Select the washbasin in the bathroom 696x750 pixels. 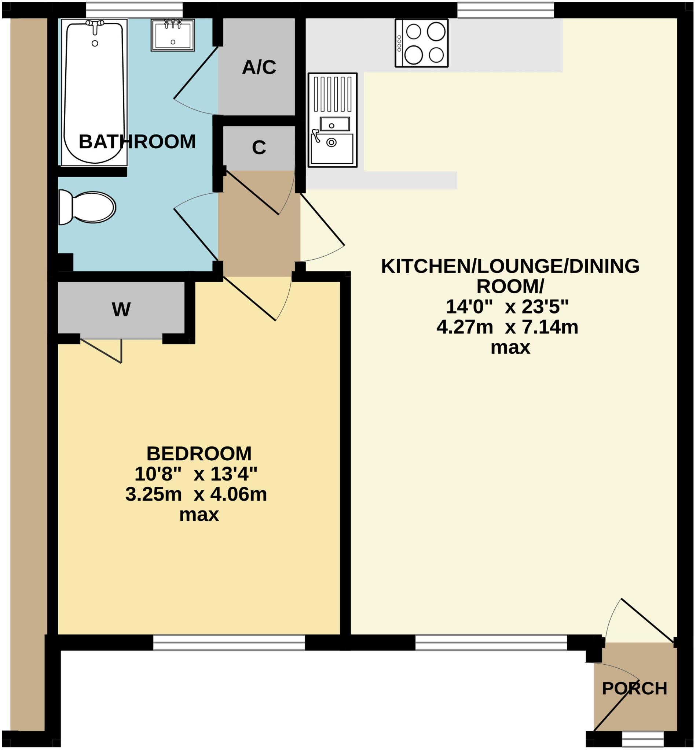click(x=172, y=36)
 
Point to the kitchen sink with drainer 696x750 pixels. click(x=332, y=120)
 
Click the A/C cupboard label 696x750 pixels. click(x=259, y=68)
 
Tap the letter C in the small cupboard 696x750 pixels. click(x=259, y=148)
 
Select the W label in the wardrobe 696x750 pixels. click(x=121, y=309)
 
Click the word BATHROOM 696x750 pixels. click(x=137, y=142)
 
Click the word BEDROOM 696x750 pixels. click(x=198, y=454)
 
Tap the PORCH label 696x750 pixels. click(x=634, y=689)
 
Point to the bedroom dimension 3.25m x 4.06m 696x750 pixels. click(x=196, y=494)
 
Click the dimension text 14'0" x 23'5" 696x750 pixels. click(x=506, y=307)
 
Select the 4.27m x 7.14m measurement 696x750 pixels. click(x=507, y=327)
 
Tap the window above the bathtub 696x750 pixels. click(x=134, y=10)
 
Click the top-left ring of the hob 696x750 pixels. click(x=414, y=31)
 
